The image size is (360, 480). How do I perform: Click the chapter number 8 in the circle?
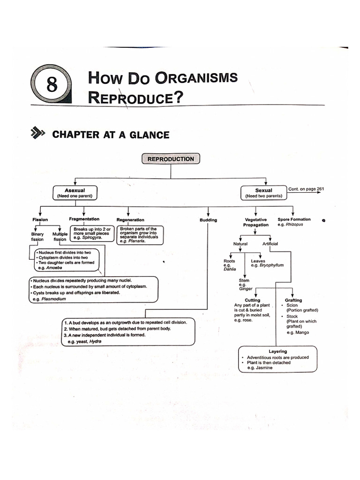pyautogui.click(x=52, y=85)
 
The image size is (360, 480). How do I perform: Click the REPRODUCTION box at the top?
pyautogui.click(x=171, y=159)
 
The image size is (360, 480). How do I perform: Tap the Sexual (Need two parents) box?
pyautogui.click(x=263, y=193)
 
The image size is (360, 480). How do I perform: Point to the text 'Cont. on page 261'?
pyautogui.click(x=306, y=189)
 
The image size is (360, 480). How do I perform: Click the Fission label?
pyautogui.click(x=40, y=219)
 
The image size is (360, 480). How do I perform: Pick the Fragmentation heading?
pyautogui.click(x=84, y=219)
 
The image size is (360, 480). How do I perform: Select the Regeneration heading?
pyautogui.click(x=130, y=219)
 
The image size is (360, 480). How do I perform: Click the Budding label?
pyautogui.click(x=208, y=220)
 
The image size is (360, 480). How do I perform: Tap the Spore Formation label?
pyautogui.click(x=294, y=219)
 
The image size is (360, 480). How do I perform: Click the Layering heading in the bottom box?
pyautogui.click(x=277, y=351)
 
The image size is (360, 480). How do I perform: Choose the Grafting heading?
pyautogui.click(x=293, y=300)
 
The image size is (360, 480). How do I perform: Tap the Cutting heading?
pyautogui.click(x=252, y=300)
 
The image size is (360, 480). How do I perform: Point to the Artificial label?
pyautogui.click(x=270, y=244)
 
